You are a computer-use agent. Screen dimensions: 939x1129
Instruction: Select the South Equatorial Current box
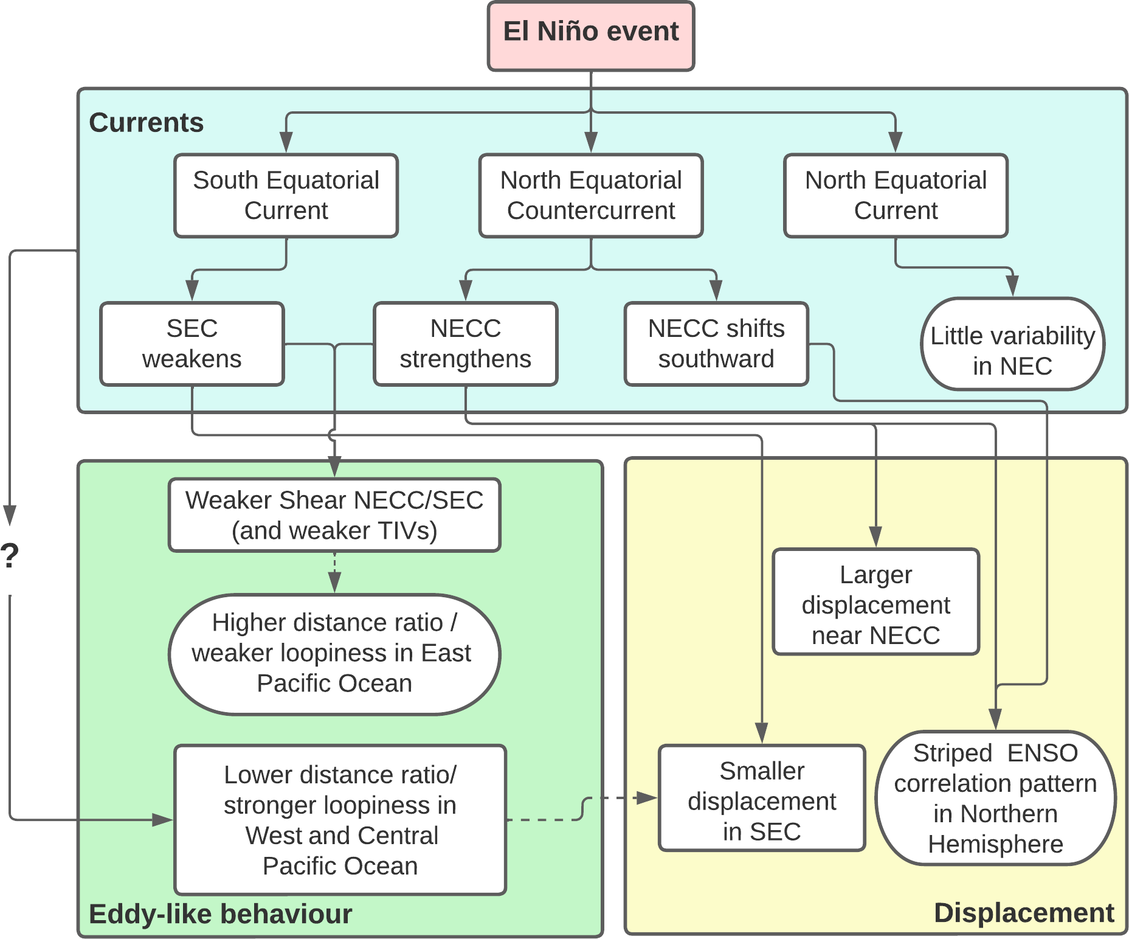(286, 195)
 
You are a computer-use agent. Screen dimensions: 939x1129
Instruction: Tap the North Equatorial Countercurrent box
(590, 195)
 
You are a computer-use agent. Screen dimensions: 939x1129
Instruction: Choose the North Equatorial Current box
(896, 195)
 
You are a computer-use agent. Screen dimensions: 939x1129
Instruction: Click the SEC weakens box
(192, 344)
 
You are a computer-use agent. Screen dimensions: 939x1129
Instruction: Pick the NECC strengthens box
(465, 344)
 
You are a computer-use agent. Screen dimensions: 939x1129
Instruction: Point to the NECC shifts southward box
(716, 344)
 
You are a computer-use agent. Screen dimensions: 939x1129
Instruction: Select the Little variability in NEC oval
(1012, 344)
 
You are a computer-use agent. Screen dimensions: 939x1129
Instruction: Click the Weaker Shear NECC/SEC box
(334, 515)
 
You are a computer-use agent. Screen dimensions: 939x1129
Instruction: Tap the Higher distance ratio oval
(334, 654)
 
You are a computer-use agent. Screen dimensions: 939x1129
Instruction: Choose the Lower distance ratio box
(340, 820)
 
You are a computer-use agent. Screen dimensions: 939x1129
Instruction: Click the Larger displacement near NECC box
(875, 602)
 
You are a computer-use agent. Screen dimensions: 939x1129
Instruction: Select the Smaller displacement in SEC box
(762, 798)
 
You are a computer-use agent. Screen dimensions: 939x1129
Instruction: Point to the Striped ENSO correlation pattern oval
(995, 798)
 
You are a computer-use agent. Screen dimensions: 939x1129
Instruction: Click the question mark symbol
(10, 556)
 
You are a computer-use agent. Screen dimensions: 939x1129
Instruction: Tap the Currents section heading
(146, 123)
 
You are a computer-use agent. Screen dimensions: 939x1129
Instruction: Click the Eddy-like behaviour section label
(220, 914)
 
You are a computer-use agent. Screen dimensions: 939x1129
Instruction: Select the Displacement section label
(1024, 913)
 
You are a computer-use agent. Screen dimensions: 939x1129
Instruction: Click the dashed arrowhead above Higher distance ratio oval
(334, 583)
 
